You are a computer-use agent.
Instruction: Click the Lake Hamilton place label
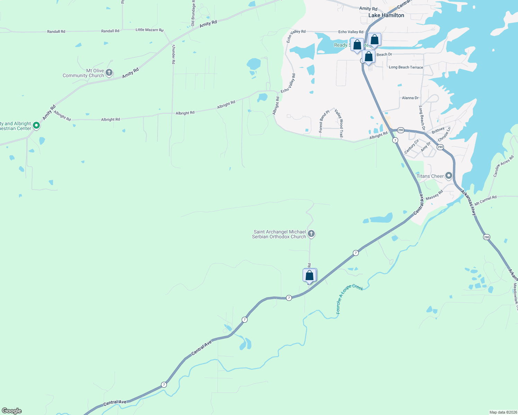pos(386,15)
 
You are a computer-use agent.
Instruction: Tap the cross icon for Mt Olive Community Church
pos(109,73)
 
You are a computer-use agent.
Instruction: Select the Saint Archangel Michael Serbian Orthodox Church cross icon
pos(311,234)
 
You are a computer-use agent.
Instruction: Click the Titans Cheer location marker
pos(449,176)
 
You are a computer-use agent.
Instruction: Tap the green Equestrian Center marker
pos(36,126)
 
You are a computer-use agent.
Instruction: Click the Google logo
pos(12,411)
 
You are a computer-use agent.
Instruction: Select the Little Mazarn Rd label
pos(149,30)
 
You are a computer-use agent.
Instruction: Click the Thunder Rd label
pos(173,54)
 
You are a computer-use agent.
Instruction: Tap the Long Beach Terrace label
pos(406,67)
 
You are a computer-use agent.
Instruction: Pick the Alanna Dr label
pos(410,98)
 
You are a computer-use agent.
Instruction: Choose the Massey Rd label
pos(435,195)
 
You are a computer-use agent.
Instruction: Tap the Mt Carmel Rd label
pos(485,201)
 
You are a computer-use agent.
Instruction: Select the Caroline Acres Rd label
pos(503,166)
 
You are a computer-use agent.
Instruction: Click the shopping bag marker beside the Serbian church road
pos(310,276)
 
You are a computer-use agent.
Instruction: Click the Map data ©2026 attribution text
pos(503,412)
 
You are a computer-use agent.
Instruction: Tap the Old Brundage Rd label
pos(193,13)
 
